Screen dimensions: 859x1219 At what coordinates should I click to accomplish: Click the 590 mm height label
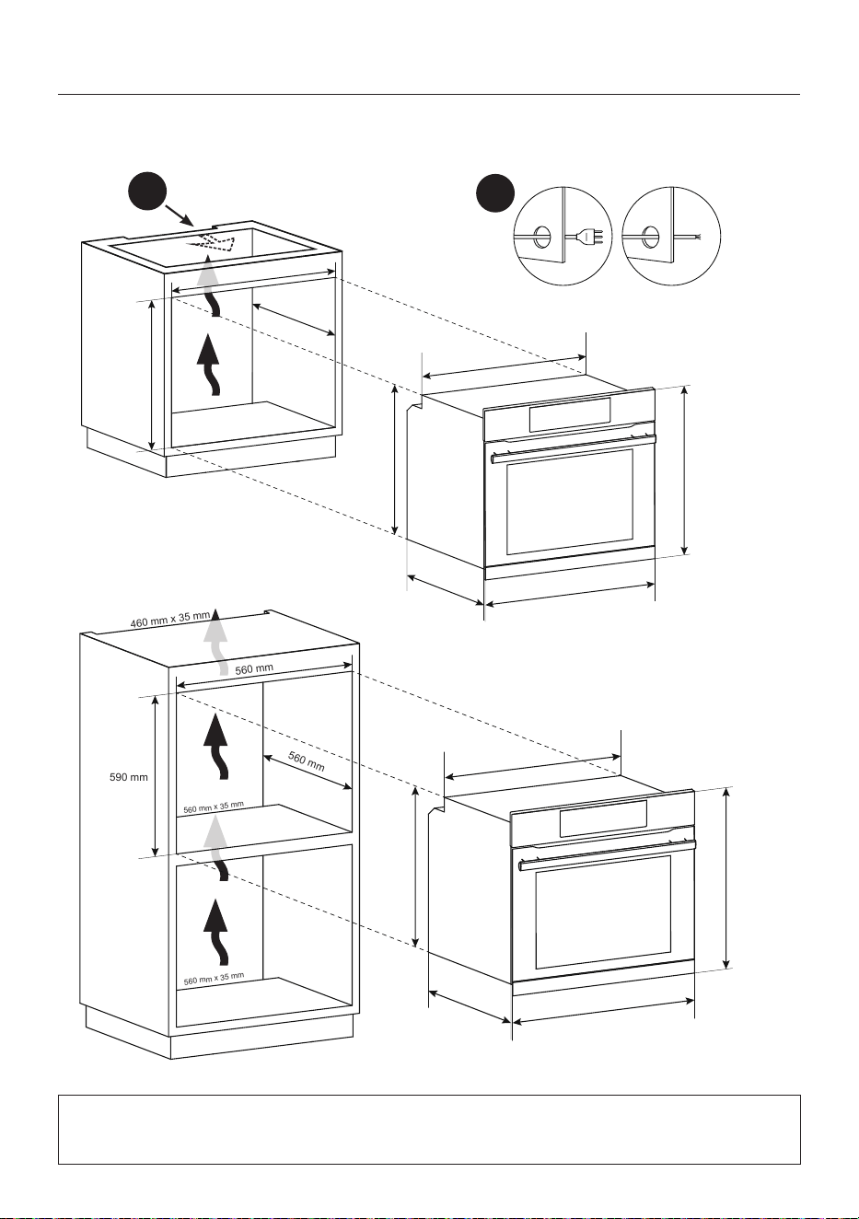[x=129, y=777]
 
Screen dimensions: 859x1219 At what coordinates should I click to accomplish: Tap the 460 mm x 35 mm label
[x=170, y=620]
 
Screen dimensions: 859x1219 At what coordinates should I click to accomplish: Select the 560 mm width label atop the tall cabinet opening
[x=254, y=668]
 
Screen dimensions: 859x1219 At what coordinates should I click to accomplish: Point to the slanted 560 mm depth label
[x=306, y=761]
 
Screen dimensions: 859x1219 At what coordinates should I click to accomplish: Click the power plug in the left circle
[x=592, y=238]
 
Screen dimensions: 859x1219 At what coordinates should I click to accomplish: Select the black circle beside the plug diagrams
[x=495, y=193]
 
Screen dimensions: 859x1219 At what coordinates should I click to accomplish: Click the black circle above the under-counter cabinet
[x=147, y=192]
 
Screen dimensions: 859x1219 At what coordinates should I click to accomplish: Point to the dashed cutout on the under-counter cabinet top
[x=211, y=243]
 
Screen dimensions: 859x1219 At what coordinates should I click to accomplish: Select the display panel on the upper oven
[x=569, y=414]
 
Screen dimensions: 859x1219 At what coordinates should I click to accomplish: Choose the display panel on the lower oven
[x=603, y=818]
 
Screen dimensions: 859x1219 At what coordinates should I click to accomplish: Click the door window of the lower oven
[x=603, y=919]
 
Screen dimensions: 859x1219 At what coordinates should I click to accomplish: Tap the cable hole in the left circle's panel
[x=541, y=237]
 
